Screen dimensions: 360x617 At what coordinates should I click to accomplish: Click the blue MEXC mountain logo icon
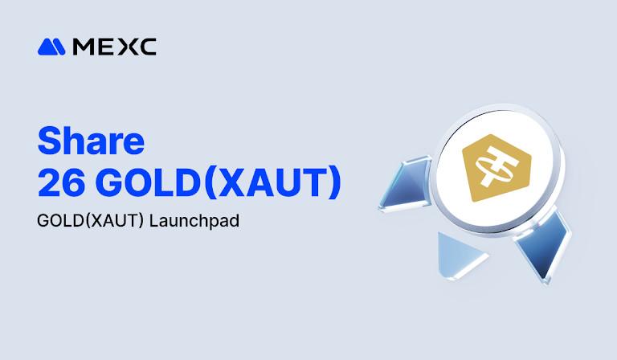[51, 47]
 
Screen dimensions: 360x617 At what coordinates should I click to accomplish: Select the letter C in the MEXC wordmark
[146, 47]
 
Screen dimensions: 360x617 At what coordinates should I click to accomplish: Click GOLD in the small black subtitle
[59, 222]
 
